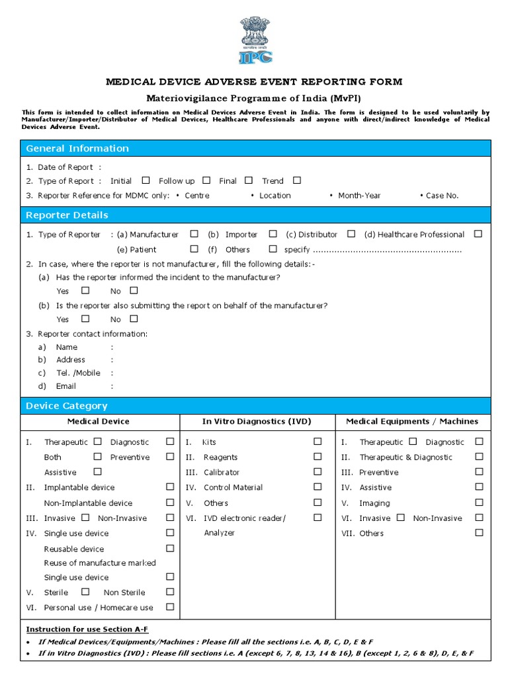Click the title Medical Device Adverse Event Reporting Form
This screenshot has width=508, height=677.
click(254, 82)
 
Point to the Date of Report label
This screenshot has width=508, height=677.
click(65, 167)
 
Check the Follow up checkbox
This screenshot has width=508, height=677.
click(206, 180)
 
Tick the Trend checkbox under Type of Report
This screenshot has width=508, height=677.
click(296, 180)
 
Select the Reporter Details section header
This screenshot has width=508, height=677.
click(67, 215)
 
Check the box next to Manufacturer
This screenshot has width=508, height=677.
click(194, 233)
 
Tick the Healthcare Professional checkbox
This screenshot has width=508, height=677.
click(478, 233)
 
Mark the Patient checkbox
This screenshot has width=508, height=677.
click(194, 249)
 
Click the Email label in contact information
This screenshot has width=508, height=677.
click(65, 386)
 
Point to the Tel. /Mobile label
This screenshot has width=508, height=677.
click(78, 373)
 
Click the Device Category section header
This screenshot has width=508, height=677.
click(66, 405)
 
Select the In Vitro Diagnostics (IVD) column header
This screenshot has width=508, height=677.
click(257, 421)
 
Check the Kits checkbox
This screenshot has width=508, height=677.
click(317, 441)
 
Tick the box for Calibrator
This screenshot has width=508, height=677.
click(317, 471)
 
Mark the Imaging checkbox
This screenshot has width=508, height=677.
click(479, 502)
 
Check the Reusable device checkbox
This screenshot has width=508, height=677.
click(170, 548)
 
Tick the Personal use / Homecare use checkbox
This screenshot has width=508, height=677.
click(170, 606)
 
